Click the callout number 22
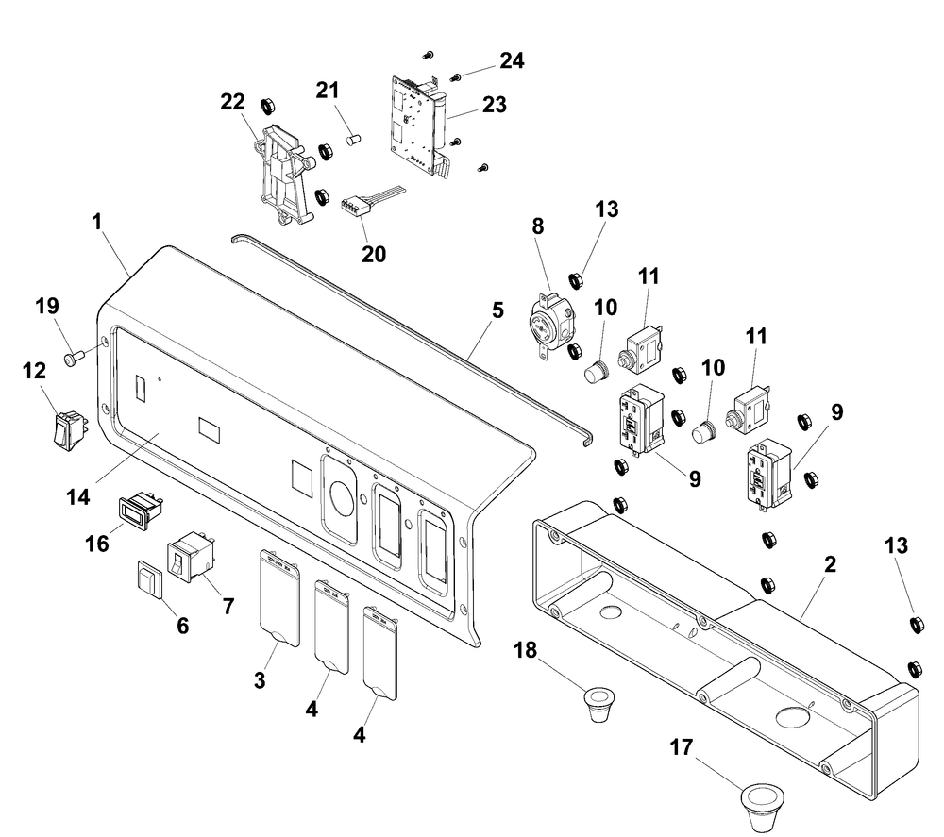coord(232,102)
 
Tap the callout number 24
coord(512,60)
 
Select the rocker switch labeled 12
coord(69,429)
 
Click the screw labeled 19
coord(73,360)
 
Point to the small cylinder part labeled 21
coord(353,140)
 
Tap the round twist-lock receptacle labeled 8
coord(548,327)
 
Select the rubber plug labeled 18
coord(598,705)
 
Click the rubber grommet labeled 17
coord(762,807)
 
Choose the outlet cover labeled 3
coord(279,597)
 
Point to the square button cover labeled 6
coord(150,579)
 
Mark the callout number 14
coord(78,497)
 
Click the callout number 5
coord(497,310)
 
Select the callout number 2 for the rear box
coord(830,564)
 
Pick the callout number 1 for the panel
coord(97,222)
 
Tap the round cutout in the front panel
coord(338,492)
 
